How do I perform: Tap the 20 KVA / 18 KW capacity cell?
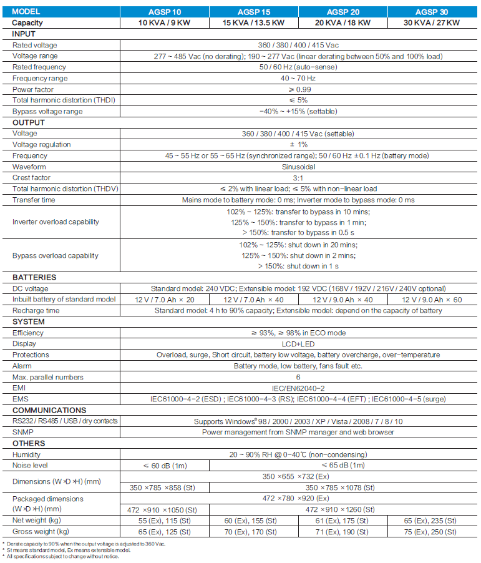pyautogui.click(x=342, y=23)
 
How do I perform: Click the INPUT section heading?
pyautogui.click(x=24, y=34)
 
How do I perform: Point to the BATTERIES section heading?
pyautogui.click(x=34, y=277)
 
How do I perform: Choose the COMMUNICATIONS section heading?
pyautogui.click(x=49, y=410)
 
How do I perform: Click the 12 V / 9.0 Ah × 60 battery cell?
pyautogui.click(x=432, y=300)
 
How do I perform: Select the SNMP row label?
pyautogui.click(x=22, y=432)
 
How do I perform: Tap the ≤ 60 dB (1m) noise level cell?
pyautogui.click(x=163, y=466)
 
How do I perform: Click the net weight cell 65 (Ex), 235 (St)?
pyautogui.click(x=432, y=521)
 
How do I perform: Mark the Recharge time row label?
pyautogui.click(x=36, y=310)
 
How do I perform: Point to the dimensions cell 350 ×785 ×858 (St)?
pyautogui.click(x=163, y=487)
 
